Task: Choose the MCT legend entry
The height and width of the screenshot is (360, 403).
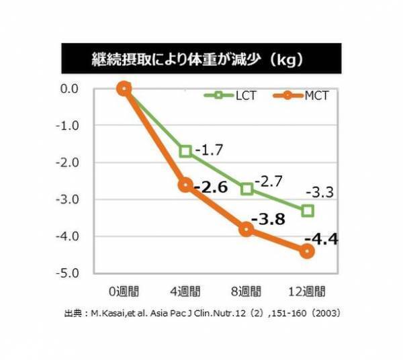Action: [302, 95]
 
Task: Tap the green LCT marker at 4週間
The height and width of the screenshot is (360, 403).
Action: [186, 151]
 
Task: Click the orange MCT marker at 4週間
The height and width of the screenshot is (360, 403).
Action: [186, 185]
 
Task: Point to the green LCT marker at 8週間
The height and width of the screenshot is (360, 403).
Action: [247, 188]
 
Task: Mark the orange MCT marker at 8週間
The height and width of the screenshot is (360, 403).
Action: [247, 229]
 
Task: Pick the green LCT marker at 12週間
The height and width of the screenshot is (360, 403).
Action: [308, 210]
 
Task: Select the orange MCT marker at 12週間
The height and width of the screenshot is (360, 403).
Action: [308, 251]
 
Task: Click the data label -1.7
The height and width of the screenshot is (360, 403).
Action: [211, 150]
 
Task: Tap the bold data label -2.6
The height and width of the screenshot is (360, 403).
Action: [212, 187]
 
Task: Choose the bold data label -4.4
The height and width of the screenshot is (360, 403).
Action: [322, 238]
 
